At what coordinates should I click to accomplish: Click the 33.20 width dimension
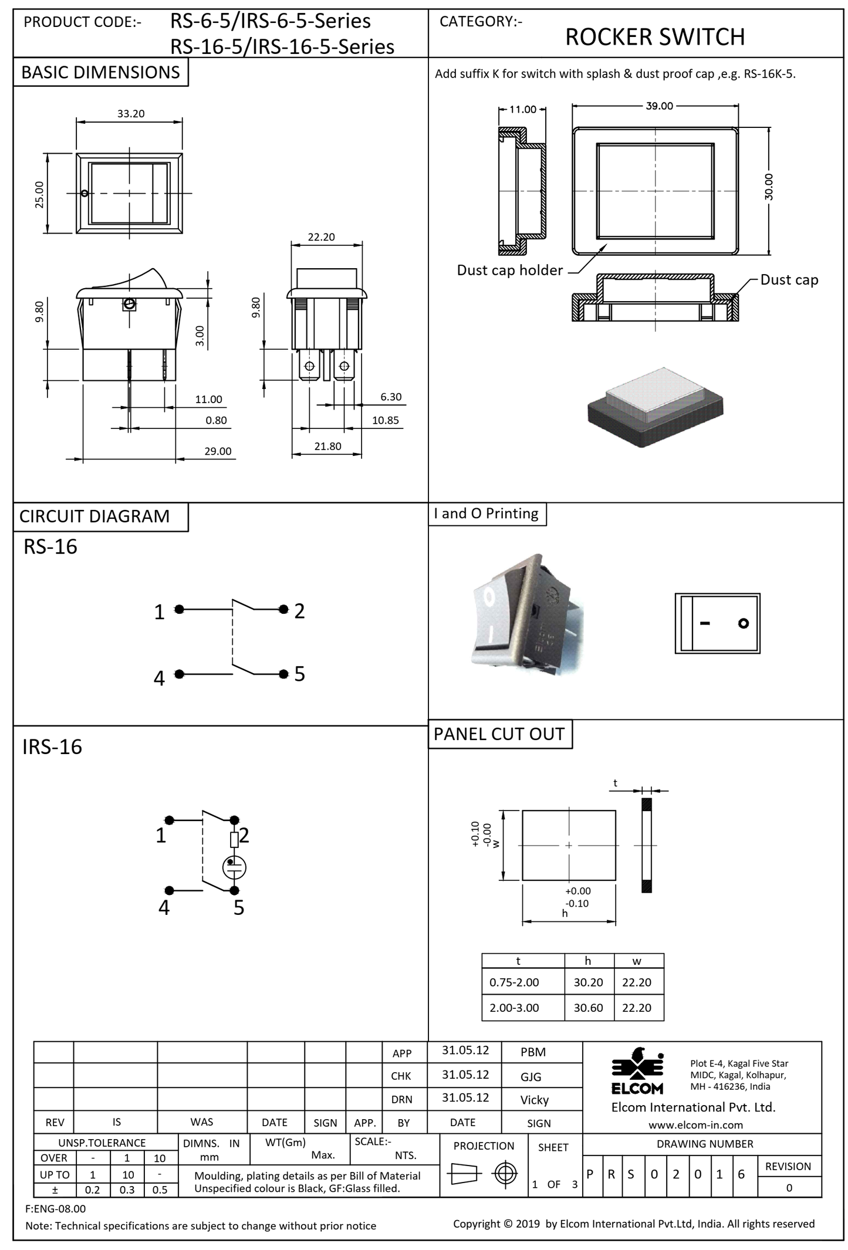point(130,113)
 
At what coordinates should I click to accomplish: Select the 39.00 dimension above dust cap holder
point(659,106)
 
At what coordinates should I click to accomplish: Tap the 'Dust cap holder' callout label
point(509,270)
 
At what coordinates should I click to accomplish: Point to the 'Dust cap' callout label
point(789,280)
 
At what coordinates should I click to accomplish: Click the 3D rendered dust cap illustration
point(655,407)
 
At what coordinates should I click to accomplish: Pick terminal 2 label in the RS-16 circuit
point(299,611)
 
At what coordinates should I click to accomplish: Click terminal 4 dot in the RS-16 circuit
point(179,674)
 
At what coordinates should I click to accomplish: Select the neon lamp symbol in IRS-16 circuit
point(234,867)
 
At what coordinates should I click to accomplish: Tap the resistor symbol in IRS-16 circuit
point(234,840)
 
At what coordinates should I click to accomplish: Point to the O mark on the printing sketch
point(744,623)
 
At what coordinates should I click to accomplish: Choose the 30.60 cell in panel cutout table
point(588,1008)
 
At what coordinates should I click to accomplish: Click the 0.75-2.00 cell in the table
point(514,982)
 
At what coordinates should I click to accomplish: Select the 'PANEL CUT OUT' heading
point(499,734)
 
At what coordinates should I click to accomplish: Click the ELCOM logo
point(637,1071)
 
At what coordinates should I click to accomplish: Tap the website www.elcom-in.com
point(695,1125)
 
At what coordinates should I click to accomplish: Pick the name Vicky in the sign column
point(534,1100)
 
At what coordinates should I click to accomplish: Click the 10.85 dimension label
point(385,420)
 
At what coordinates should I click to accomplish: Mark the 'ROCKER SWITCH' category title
point(654,37)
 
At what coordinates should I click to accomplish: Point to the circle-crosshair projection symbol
point(505,1174)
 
